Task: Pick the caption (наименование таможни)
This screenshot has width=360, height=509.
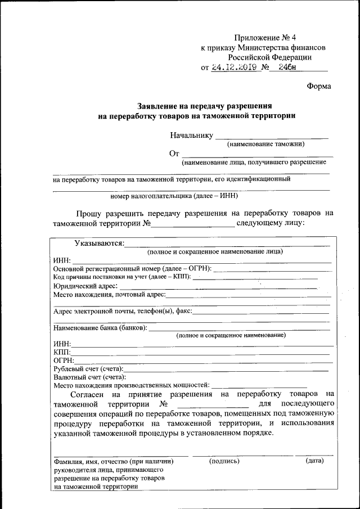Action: pyautogui.click(x=265, y=145)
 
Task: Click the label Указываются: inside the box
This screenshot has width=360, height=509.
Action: pyautogui.click(x=100, y=243)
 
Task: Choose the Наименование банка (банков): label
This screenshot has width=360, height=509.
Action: pyautogui.click(x=100, y=328)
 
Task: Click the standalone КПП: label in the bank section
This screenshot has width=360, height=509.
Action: pyautogui.click(x=62, y=352)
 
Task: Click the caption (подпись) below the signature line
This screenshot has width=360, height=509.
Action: pyautogui.click(x=224, y=461)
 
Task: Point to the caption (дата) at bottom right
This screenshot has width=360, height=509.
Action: pyautogui.click(x=314, y=461)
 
